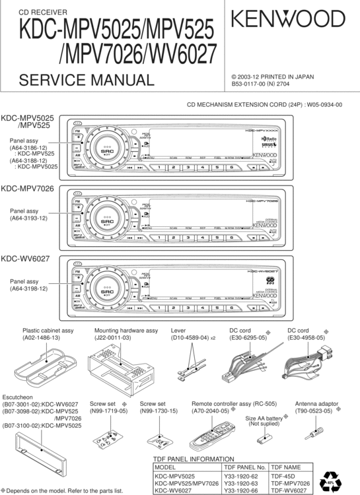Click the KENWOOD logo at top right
click(x=291, y=22)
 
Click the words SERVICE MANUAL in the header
click(x=87, y=81)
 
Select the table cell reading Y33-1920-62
click(x=242, y=475)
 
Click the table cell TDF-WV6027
click(x=289, y=490)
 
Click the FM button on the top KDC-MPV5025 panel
click(x=78, y=132)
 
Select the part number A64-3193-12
click(x=28, y=218)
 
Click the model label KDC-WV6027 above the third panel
click(x=26, y=260)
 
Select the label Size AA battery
click(x=264, y=418)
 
